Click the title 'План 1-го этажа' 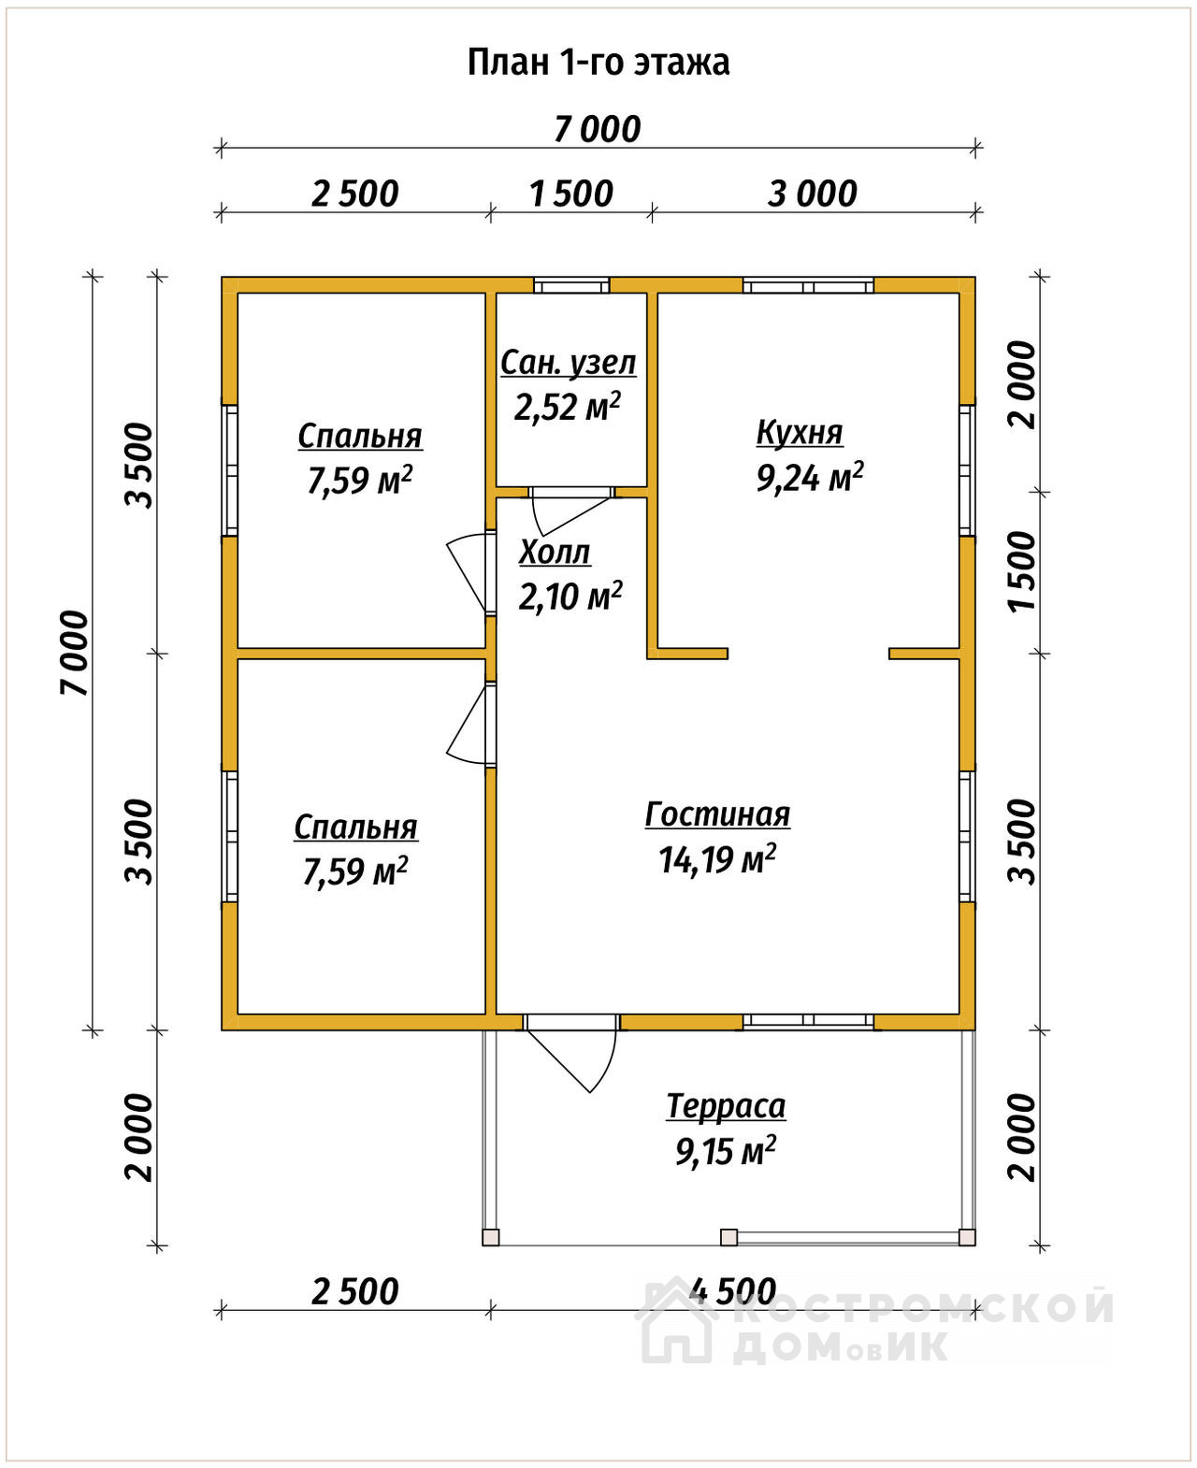598,63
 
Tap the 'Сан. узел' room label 569,364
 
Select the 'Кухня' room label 800,433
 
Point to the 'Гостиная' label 717,814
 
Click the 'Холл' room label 555,554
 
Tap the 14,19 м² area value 717,859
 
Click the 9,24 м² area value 810,478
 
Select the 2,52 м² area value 568,407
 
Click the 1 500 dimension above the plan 571,194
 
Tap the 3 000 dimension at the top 812,194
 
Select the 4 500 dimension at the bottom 732,1292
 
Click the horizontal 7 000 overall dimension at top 597,130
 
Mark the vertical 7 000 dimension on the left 75,653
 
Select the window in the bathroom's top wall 571,285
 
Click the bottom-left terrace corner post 490,1237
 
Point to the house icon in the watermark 678,1320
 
